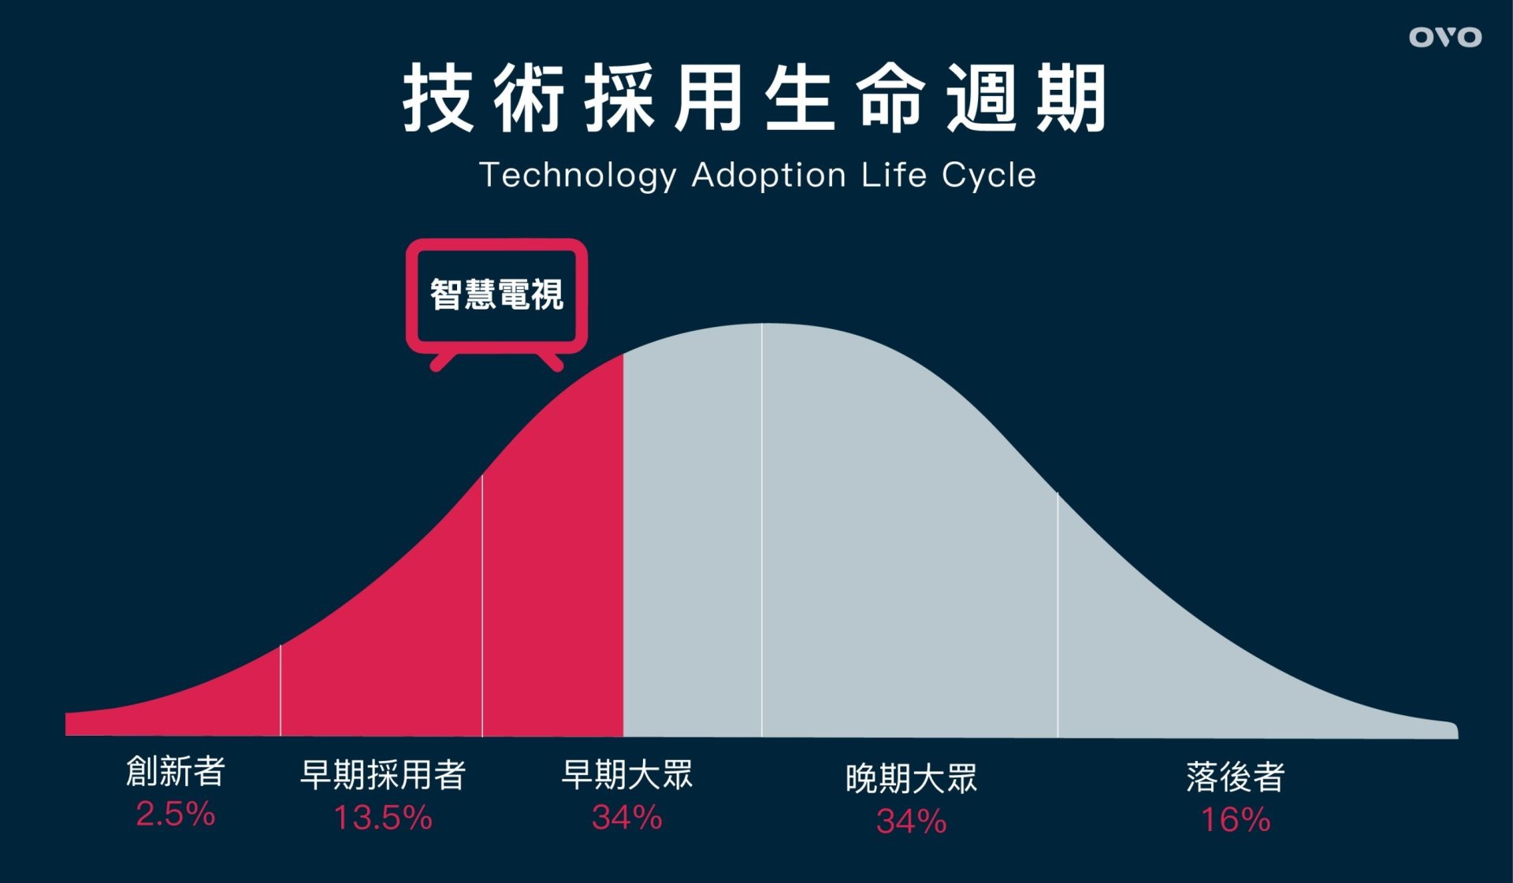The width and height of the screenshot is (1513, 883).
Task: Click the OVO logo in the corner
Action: pos(1445,37)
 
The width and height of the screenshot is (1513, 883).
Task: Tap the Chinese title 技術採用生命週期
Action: pos(755,99)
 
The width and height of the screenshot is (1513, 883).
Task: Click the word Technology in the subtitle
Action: pos(578,176)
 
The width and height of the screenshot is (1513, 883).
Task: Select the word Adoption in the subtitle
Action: pos(768,176)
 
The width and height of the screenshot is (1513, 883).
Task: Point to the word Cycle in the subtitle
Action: pos(989,176)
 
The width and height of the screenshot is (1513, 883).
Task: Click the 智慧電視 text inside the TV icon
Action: pos(496,295)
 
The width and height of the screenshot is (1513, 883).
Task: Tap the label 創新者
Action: pos(176,771)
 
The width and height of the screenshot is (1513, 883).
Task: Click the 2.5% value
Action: pos(175,814)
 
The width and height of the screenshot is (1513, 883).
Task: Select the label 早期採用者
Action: pos(383,774)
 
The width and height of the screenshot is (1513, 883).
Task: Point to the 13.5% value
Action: pos(383,818)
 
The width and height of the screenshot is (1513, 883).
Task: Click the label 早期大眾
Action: pos(627,774)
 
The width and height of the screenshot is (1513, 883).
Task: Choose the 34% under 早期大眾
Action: pos(627,818)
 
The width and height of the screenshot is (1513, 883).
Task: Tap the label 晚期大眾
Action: pos(912,778)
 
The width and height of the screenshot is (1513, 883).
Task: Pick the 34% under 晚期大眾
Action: pos(912,822)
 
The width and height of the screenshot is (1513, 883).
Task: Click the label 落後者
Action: pos(1236,777)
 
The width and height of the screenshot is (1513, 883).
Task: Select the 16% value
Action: pos(1236,820)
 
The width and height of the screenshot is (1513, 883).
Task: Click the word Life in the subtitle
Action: pos(894,175)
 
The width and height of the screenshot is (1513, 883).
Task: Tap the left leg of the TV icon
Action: pos(443,362)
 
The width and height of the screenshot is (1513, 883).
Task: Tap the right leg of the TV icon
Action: pos(550,362)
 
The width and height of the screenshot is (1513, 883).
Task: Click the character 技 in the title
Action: pos(437,99)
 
